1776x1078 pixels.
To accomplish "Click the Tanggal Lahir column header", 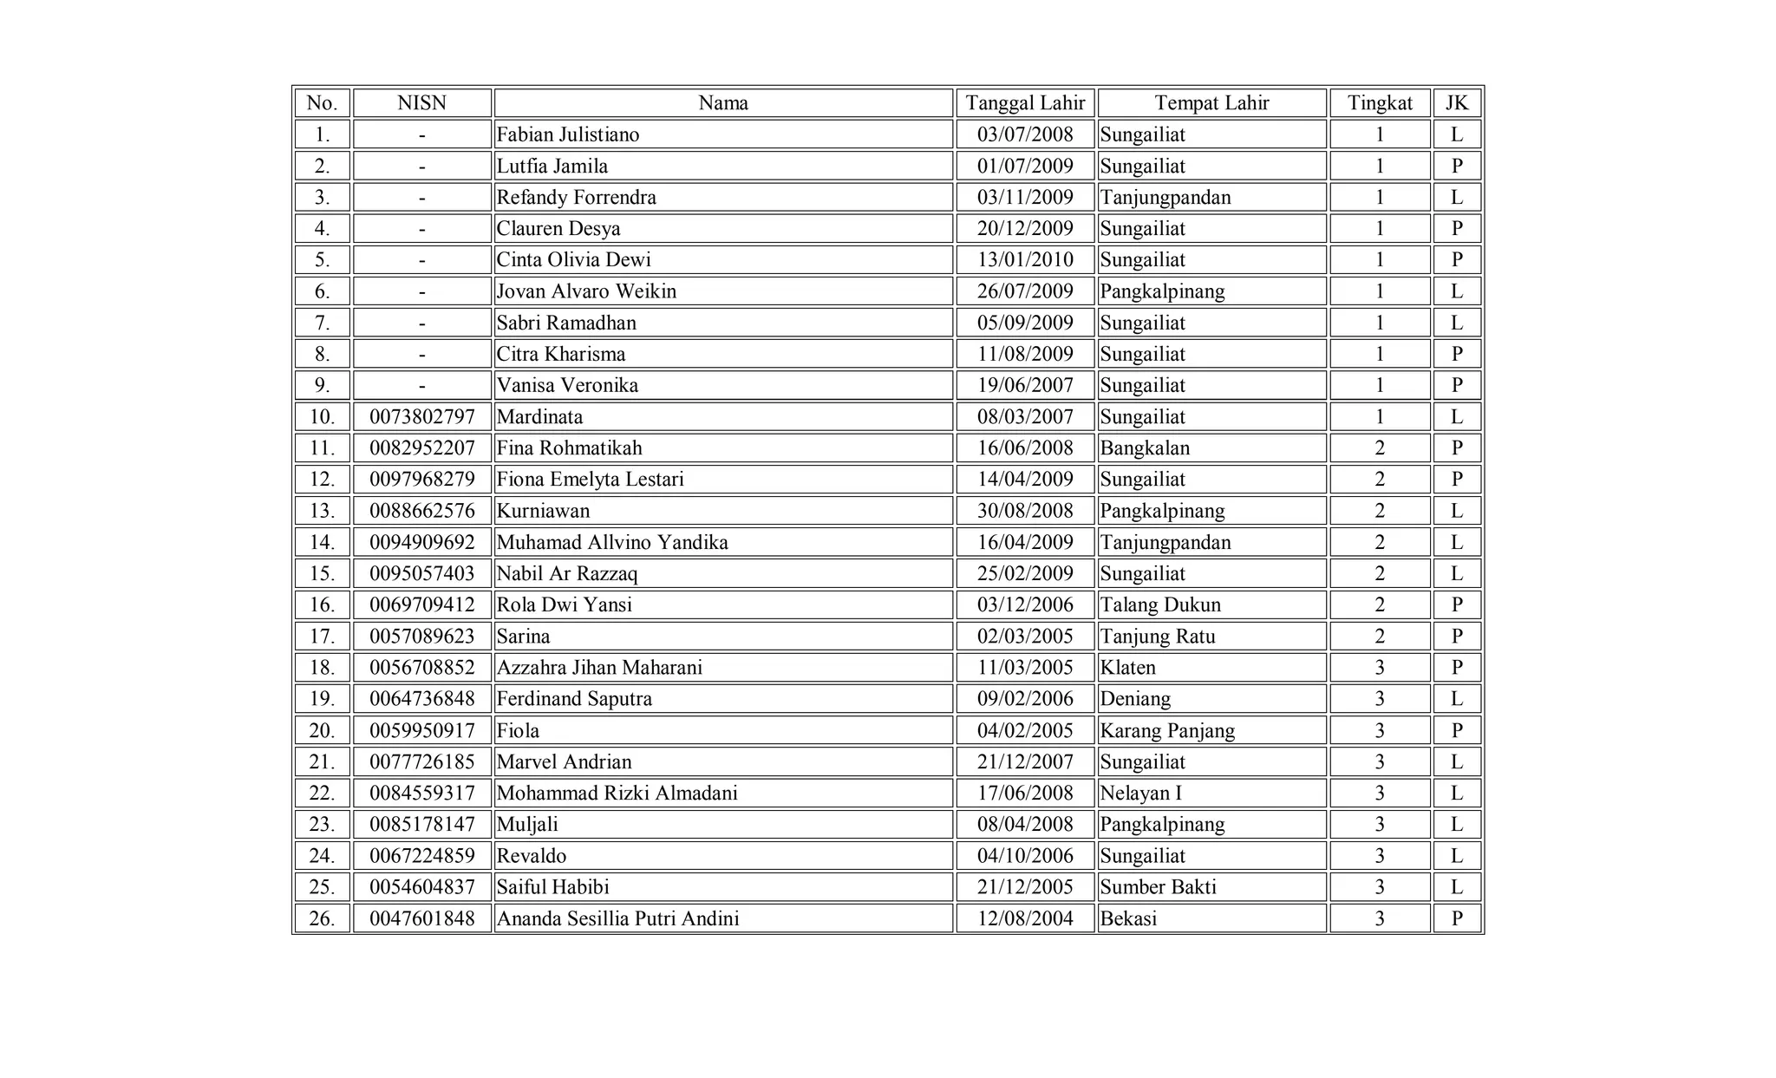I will point(1025,103).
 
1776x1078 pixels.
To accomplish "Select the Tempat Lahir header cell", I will point(1211,103).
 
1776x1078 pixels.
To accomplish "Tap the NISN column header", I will point(421,103).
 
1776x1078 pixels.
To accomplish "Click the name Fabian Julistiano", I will point(568,134).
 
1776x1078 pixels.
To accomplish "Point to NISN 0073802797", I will point(422,417).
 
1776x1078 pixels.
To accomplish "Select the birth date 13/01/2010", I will point(1025,260).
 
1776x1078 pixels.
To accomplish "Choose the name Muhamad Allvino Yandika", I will point(612,543).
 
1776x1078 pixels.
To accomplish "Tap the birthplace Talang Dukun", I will point(1160,605).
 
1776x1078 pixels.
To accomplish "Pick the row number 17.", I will point(322,637).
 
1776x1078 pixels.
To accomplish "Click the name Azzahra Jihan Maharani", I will point(599,668).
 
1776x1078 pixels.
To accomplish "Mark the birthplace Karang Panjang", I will point(1167,731).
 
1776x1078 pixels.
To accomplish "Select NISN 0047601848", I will point(422,919).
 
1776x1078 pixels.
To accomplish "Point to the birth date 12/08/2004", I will point(1025,919).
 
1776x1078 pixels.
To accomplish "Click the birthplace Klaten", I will point(1127,668).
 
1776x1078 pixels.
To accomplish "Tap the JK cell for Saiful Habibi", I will point(1457,887).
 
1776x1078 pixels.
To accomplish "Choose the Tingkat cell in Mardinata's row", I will point(1380,417).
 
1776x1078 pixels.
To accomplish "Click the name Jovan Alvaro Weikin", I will point(586,291).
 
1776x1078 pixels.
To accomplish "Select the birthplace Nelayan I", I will point(1140,794).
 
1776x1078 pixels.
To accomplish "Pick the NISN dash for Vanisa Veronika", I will point(421,386).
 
